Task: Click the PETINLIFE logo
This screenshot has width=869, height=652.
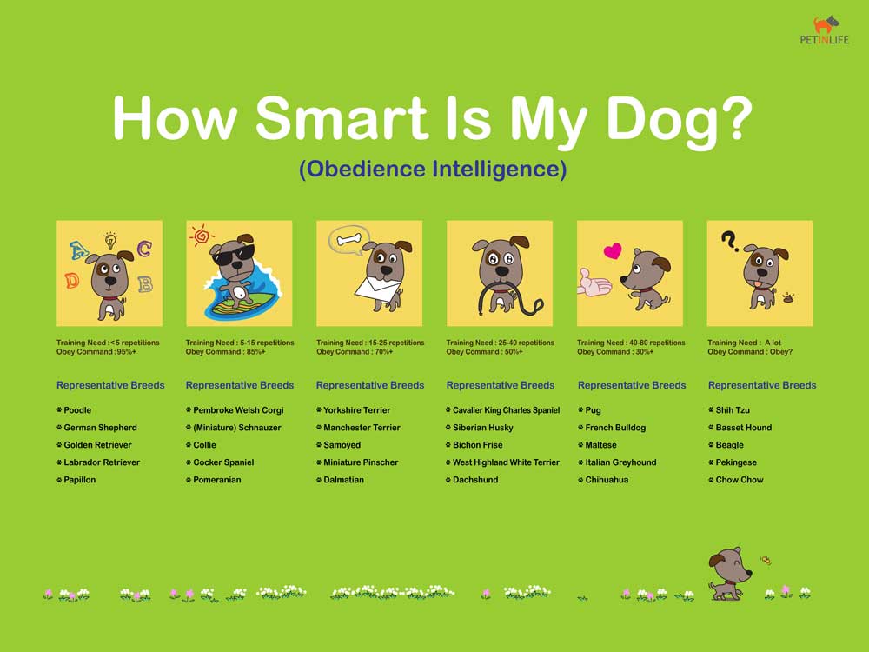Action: [824, 30]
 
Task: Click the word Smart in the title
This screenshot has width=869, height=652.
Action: [341, 118]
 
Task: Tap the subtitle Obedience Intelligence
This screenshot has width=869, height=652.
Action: [433, 170]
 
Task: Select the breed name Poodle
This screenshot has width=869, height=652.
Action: [77, 410]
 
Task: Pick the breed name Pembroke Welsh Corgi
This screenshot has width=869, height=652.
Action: [238, 410]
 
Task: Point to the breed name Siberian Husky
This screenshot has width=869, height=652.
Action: [482, 428]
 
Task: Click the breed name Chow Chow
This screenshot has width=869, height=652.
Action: [740, 480]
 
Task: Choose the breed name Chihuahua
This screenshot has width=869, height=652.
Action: [607, 480]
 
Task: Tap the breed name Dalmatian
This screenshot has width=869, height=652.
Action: [343, 480]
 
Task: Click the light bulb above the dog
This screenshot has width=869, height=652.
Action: [111, 241]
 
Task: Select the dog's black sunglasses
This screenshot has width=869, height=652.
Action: [233, 255]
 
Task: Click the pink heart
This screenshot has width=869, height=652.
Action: [613, 251]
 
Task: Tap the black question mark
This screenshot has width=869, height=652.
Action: [730, 241]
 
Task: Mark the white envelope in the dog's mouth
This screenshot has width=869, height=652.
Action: [377, 289]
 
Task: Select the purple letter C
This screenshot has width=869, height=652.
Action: [144, 249]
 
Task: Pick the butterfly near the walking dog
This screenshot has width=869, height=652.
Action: [766, 561]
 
